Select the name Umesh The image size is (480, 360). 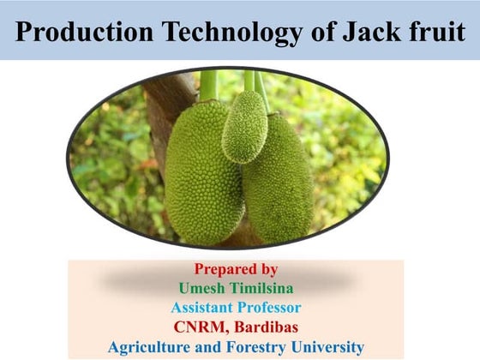click(x=202, y=287)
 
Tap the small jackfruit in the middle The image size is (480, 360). click(x=244, y=126)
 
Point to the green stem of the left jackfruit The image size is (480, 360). click(x=207, y=86)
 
